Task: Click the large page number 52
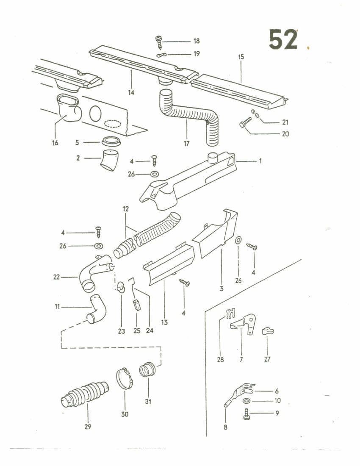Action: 283,39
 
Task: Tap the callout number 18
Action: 197,42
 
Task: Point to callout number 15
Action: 241,57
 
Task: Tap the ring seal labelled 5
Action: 111,141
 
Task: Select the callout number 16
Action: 55,143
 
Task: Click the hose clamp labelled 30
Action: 124,378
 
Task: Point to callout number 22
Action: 56,277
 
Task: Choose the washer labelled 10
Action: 246,401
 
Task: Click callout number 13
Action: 164,322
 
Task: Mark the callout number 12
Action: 126,209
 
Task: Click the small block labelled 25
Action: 136,305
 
